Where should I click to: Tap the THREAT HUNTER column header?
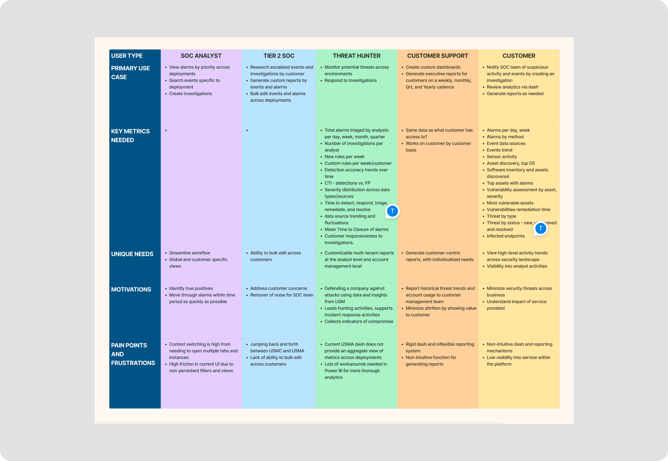[356, 56]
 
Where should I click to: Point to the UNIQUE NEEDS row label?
[132, 254]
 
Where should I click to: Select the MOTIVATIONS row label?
[131, 289]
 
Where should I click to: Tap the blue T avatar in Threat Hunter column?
[392, 211]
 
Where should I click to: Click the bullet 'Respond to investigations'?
[350, 80]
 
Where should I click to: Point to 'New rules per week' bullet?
[344, 157]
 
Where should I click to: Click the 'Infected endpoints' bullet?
[505, 236]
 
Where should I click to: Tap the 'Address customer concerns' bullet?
[279, 288]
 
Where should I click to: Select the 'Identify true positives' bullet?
[191, 288]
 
